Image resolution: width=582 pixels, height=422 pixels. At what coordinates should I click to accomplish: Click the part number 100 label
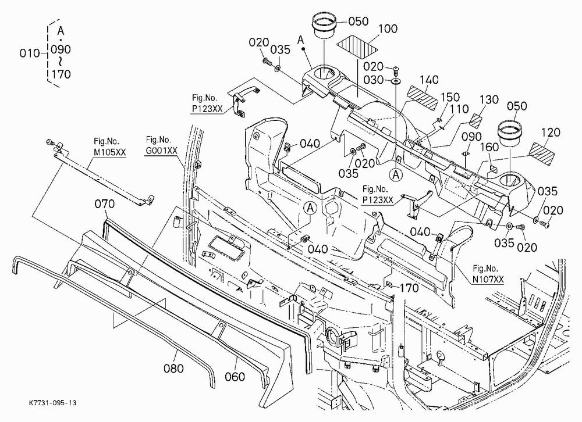pyautogui.click(x=388, y=29)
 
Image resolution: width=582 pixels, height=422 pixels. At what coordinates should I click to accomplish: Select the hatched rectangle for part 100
pyautogui.click(x=357, y=47)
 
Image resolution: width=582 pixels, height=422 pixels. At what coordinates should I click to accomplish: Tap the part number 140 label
pyautogui.click(x=429, y=80)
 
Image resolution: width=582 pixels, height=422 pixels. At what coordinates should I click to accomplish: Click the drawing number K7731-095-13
pyautogui.click(x=52, y=403)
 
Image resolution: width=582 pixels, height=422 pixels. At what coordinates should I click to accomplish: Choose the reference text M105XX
pyautogui.click(x=109, y=152)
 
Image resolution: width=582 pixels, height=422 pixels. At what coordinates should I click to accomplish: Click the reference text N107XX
pyautogui.click(x=488, y=278)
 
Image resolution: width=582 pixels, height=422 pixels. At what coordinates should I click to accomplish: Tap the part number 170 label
pyautogui.click(x=409, y=288)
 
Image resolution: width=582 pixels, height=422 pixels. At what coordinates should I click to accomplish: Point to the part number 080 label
pyautogui.click(x=173, y=368)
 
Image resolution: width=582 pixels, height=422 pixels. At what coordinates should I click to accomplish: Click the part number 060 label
pyautogui.click(x=235, y=377)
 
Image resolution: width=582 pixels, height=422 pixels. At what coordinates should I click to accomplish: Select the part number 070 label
pyautogui.click(x=105, y=204)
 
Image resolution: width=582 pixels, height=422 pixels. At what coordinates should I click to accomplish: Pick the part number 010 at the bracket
pyautogui.click(x=30, y=53)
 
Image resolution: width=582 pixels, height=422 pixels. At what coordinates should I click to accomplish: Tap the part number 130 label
pyautogui.click(x=489, y=100)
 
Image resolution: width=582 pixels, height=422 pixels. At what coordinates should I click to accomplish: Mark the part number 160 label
pyautogui.click(x=489, y=147)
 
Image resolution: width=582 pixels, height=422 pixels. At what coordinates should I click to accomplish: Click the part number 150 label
pyautogui.click(x=450, y=97)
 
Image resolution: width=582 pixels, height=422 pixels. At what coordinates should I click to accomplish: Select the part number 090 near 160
pyautogui.click(x=472, y=137)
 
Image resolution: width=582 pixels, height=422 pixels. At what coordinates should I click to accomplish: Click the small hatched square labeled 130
pyautogui.click(x=475, y=121)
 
